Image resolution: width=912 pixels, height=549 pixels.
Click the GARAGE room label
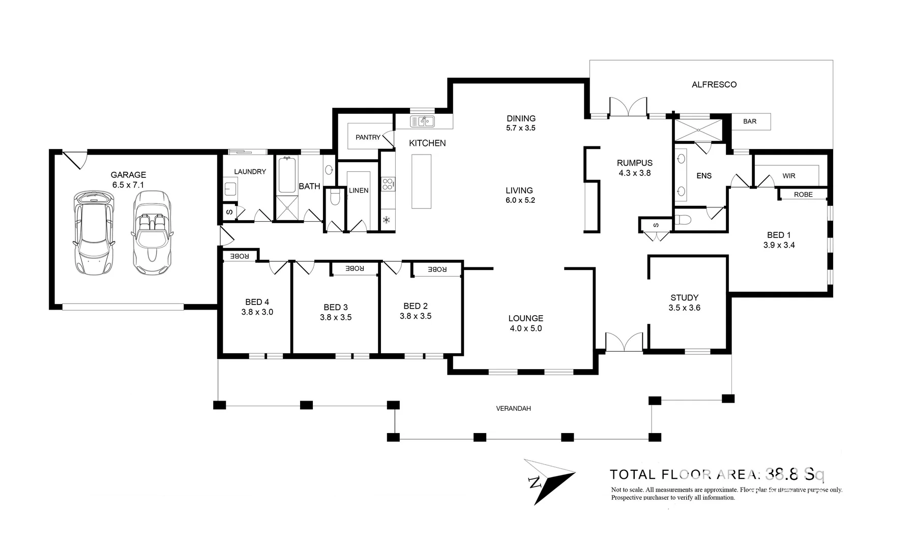click(128, 175)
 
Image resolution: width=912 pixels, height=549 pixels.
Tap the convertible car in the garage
click(152, 232)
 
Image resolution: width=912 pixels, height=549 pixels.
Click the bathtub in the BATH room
click(287, 175)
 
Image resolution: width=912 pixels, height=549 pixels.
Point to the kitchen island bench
click(421, 181)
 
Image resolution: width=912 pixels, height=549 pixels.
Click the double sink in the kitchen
click(422, 121)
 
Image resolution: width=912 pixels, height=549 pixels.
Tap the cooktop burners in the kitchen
click(388, 184)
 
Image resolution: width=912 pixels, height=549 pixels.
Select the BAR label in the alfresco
click(750, 121)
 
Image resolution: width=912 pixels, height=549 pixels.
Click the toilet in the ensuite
click(683, 220)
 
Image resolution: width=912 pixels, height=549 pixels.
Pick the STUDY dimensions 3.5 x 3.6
click(685, 308)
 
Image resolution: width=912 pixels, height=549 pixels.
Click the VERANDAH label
click(513, 408)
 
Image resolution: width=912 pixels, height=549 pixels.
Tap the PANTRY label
click(368, 137)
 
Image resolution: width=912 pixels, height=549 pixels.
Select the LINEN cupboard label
click(359, 191)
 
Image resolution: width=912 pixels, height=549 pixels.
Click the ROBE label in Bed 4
click(239, 256)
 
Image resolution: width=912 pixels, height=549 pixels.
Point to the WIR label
click(789, 176)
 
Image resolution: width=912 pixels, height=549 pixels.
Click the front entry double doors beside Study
click(624, 342)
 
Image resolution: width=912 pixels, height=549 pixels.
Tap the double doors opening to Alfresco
click(629, 107)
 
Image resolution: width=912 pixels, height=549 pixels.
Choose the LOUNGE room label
click(526, 318)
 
